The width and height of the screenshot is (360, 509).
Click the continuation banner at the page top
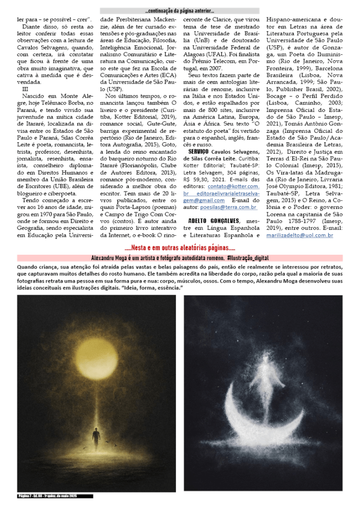[180, 10]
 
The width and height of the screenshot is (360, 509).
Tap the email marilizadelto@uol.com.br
[300, 234]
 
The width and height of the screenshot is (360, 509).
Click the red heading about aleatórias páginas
[180, 248]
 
